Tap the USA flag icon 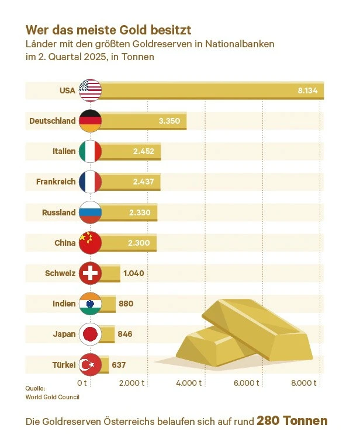coord(90,90)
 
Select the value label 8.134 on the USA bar coord(307,90)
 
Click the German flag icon coord(90,121)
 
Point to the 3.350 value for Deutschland coord(170,121)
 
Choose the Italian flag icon coord(90,151)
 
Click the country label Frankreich coord(56,182)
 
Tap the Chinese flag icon coord(90,243)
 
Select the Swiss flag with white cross coord(90,273)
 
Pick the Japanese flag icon coord(90,334)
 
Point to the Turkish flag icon coord(90,365)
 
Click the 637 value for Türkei coord(119,365)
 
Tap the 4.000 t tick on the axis coord(189,383)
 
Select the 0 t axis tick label coord(82,383)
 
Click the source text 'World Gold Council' coord(52,397)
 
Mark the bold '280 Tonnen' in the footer coord(292,421)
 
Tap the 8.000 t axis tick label coord(304,383)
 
